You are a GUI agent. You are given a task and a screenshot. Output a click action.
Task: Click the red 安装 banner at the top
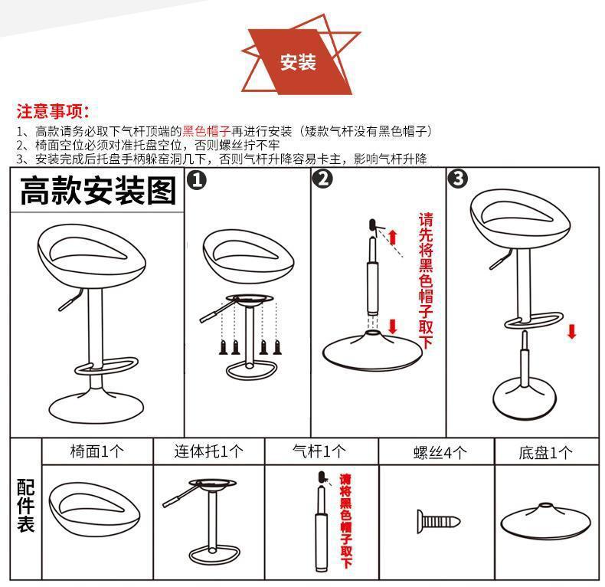coord(299,62)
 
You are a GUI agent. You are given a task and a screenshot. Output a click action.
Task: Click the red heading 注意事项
coord(53,111)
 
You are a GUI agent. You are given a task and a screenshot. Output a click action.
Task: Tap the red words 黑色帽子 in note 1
coord(207,131)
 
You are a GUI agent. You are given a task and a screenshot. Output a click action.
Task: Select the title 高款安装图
coord(98,190)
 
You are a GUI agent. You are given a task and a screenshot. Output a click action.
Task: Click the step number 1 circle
coord(196,180)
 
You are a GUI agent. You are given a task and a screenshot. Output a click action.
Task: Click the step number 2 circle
coord(322,179)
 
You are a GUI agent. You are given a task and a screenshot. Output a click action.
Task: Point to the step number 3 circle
coord(458,179)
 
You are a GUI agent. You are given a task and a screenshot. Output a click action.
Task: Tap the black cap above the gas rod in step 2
coord(372,225)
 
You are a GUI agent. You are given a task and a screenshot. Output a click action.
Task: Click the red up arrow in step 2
coord(393,237)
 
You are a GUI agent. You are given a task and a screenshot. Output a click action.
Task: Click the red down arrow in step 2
coord(393,326)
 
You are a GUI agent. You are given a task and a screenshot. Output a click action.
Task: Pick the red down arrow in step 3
coord(572,332)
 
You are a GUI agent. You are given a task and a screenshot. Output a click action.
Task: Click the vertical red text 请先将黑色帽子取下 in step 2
coord(426,280)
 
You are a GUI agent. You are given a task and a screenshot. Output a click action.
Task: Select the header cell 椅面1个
coord(96,451)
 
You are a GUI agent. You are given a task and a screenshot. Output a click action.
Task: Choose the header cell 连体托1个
coord(209,451)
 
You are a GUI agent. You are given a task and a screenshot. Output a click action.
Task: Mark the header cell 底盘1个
coord(545,452)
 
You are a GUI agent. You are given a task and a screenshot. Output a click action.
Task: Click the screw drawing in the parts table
coord(438,522)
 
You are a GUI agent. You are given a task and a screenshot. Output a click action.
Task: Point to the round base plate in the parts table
coord(545,520)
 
